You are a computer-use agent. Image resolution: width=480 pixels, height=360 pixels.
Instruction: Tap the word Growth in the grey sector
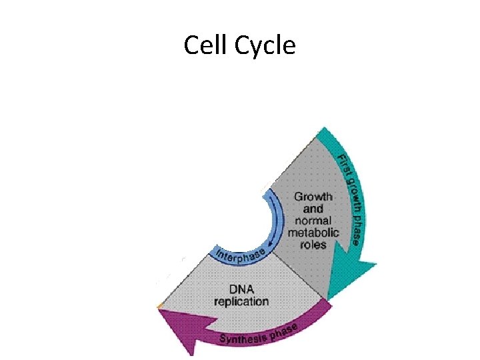(313, 197)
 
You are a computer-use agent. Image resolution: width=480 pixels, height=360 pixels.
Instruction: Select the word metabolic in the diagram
(313, 233)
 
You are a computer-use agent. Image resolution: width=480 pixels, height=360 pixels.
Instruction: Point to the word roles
(313, 244)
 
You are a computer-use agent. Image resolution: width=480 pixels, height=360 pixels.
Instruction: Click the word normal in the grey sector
(313, 221)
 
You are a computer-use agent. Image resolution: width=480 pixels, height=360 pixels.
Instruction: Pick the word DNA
(241, 289)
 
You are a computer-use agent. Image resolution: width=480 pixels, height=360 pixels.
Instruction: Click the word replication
(241, 301)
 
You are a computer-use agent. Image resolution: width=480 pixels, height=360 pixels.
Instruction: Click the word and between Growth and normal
(313, 209)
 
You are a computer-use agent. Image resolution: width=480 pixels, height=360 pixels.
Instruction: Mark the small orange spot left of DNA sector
(159, 307)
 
